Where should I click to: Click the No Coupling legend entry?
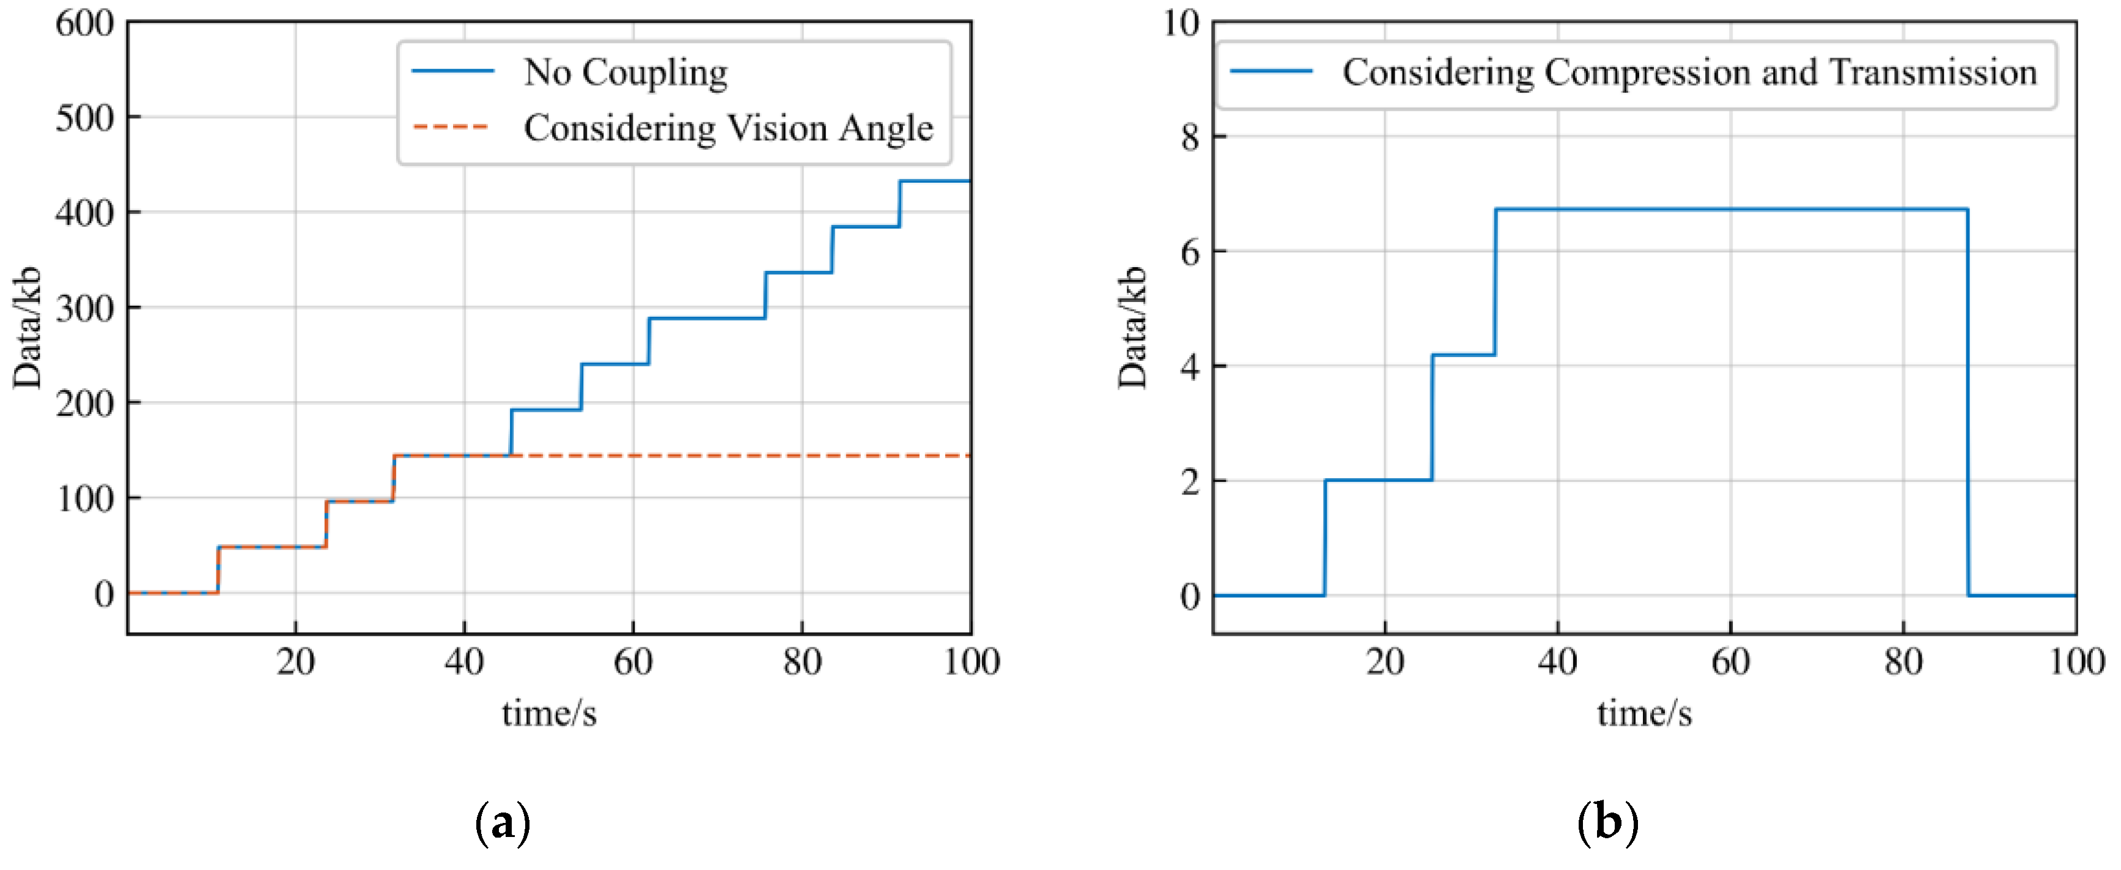(x=625, y=72)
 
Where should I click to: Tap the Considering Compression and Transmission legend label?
(x=1689, y=72)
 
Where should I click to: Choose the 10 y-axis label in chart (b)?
(x=1181, y=23)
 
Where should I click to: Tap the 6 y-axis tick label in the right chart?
(x=1190, y=252)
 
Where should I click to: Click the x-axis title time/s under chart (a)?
(x=549, y=713)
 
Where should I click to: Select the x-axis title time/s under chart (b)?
(x=1644, y=713)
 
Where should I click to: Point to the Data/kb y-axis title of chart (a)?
(x=27, y=328)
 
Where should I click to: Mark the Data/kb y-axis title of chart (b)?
(x=1132, y=328)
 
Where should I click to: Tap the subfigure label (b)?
(x=1607, y=822)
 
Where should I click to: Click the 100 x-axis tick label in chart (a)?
(x=971, y=662)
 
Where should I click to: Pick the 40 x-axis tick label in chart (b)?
(x=1557, y=662)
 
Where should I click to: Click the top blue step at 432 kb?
(x=934, y=181)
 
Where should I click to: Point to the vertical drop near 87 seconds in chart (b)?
(x=1968, y=404)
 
